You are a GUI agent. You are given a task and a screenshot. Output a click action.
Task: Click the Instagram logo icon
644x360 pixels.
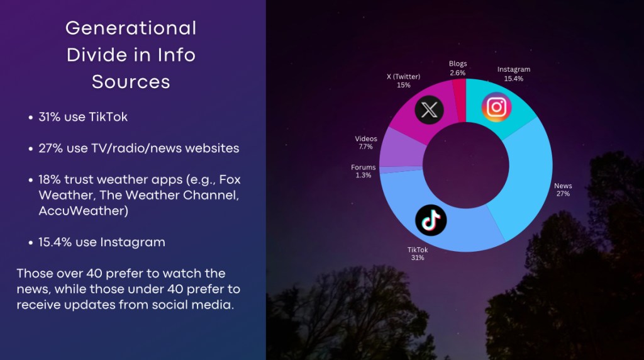pyautogui.click(x=497, y=107)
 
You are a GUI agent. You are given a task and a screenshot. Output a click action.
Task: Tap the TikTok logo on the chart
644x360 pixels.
pyautogui.click(x=431, y=220)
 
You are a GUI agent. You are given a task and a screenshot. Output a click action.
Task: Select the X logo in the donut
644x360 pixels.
pyautogui.click(x=429, y=110)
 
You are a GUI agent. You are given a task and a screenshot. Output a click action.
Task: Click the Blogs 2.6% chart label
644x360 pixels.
pyautogui.click(x=458, y=68)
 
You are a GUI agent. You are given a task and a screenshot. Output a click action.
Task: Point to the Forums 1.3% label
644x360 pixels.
pyautogui.click(x=363, y=171)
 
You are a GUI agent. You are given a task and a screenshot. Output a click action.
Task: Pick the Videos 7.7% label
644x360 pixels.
pyautogui.click(x=365, y=143)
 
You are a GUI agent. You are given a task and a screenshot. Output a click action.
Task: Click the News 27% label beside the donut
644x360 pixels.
pyautogui.click(x=563, y=189)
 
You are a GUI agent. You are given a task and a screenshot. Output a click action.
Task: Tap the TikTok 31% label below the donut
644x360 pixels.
pyautogui.click(x=418, y=254)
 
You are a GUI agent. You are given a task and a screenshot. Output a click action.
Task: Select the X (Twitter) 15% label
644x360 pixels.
pyautogui.click(x=403, y=81)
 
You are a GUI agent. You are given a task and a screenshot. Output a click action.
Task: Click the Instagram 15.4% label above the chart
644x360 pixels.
pyautogui.click(x=513, y=74)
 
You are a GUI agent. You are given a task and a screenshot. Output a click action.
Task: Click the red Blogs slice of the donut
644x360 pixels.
pyautogui.click(x=460, y=101)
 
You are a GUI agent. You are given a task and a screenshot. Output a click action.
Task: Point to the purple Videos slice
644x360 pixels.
pyautogui.click(x=401, y=147)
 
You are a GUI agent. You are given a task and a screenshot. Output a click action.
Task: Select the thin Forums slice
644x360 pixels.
pyautogui.click(x=401, y=170)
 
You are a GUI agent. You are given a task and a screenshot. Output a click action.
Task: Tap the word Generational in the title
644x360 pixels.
pyautogui.click(x=131, y=28)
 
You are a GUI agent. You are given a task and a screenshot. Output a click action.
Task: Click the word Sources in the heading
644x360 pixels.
pyautogui.click(x=131, y=81)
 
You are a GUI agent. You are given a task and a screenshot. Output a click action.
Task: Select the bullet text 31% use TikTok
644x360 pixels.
pyautogui.click(x=83, y=116)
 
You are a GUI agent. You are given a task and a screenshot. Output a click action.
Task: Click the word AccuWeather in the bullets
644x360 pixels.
pyautogui.click(x=84, y=211)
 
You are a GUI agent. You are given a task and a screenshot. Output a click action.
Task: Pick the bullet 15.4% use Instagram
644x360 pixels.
pyautogui.click(x=102, y=242)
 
